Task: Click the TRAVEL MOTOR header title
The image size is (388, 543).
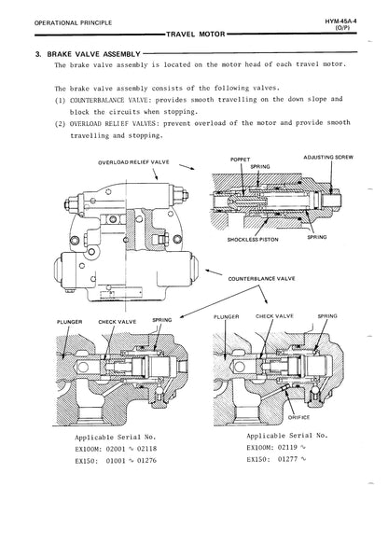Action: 196,34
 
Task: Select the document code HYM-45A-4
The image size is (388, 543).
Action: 340,21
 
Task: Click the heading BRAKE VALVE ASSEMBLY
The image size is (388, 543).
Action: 93,54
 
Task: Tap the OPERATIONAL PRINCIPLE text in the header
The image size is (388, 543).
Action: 73,22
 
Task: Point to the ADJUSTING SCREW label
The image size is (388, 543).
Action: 328,158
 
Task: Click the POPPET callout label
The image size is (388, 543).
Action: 240,160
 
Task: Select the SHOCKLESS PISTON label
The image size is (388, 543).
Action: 253,239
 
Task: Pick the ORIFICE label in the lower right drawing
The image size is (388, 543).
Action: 298,417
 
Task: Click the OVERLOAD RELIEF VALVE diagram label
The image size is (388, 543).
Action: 133,162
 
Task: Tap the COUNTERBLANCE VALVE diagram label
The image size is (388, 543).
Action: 261,278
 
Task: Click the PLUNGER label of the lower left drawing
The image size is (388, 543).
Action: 70,322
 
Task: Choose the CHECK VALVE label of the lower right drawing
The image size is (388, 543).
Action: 274,316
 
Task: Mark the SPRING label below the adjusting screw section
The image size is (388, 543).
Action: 317,237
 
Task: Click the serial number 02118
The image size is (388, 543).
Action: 146,449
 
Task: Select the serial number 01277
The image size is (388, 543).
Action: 287,459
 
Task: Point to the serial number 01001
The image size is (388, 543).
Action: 116,461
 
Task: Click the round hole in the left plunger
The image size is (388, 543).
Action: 83,367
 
